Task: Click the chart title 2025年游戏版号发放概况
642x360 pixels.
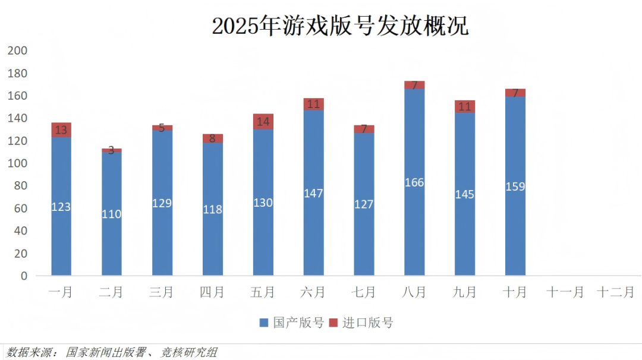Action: (x=340, y=26)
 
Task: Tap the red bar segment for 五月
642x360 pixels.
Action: (x=263, y=122)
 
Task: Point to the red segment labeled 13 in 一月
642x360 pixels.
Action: (x=61, y=130)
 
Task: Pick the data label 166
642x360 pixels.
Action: (x=414, y=182)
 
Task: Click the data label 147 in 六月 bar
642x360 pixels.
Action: (x=313, y=194)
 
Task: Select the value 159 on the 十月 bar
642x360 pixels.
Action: (x=515, y=187)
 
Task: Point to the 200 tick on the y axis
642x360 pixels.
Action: (x=17, y=51)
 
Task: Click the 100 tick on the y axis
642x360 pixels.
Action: (x=17, y=163)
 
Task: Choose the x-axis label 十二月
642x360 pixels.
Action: (x=615, y=292)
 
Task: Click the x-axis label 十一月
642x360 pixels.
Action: (x=565, y=292)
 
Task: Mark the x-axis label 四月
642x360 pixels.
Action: (x=212, y=292)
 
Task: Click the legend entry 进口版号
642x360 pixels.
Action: (x=367, y=323)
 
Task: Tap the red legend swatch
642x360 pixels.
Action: (x=333, y=323)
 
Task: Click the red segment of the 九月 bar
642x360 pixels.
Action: (x=465, y=106)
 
